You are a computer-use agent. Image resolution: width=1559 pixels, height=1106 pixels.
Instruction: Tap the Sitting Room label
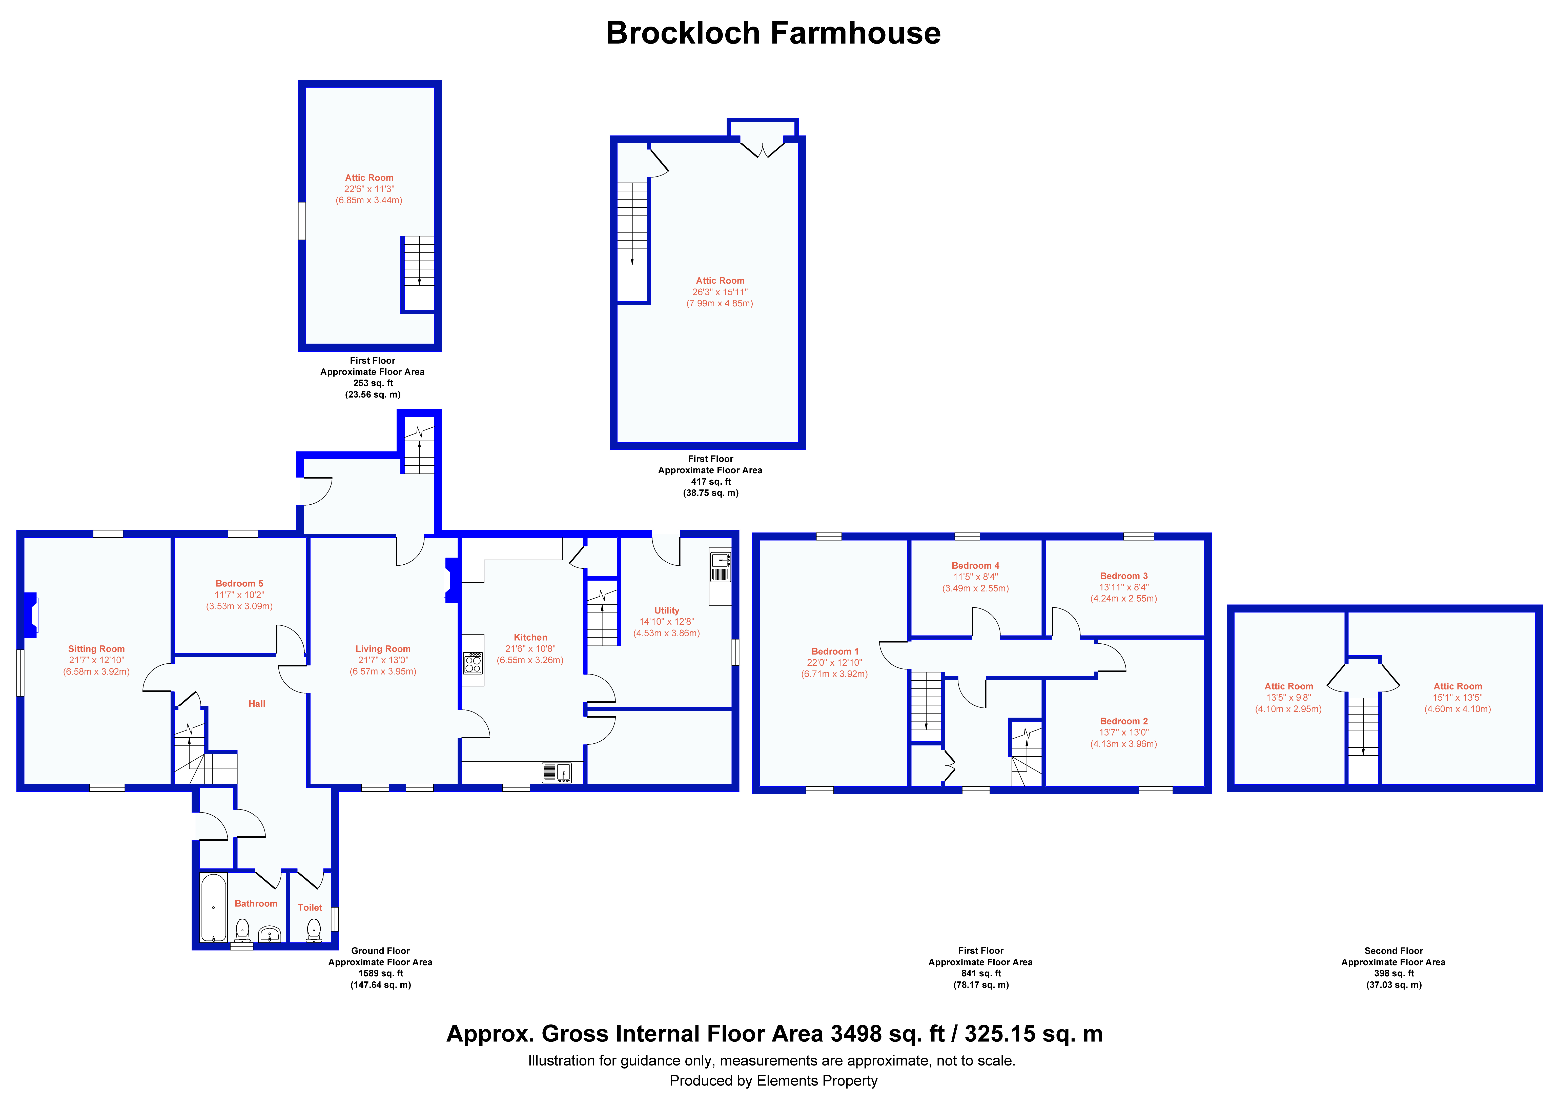(97, 649)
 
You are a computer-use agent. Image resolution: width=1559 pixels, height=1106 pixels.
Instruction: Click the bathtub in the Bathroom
(213, 908)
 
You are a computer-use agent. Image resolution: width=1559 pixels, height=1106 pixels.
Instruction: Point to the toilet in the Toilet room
(314, 930)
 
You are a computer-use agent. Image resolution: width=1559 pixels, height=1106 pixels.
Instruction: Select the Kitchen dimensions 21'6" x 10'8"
(530, 649)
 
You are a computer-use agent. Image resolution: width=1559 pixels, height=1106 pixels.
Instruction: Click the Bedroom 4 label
(976, 566)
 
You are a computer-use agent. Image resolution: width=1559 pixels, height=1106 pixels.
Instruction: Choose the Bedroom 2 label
(1124, 721)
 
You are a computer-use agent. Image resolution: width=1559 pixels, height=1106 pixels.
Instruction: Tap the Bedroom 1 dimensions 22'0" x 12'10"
(835, 663)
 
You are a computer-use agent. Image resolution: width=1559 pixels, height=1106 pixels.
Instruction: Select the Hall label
(257, 704)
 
